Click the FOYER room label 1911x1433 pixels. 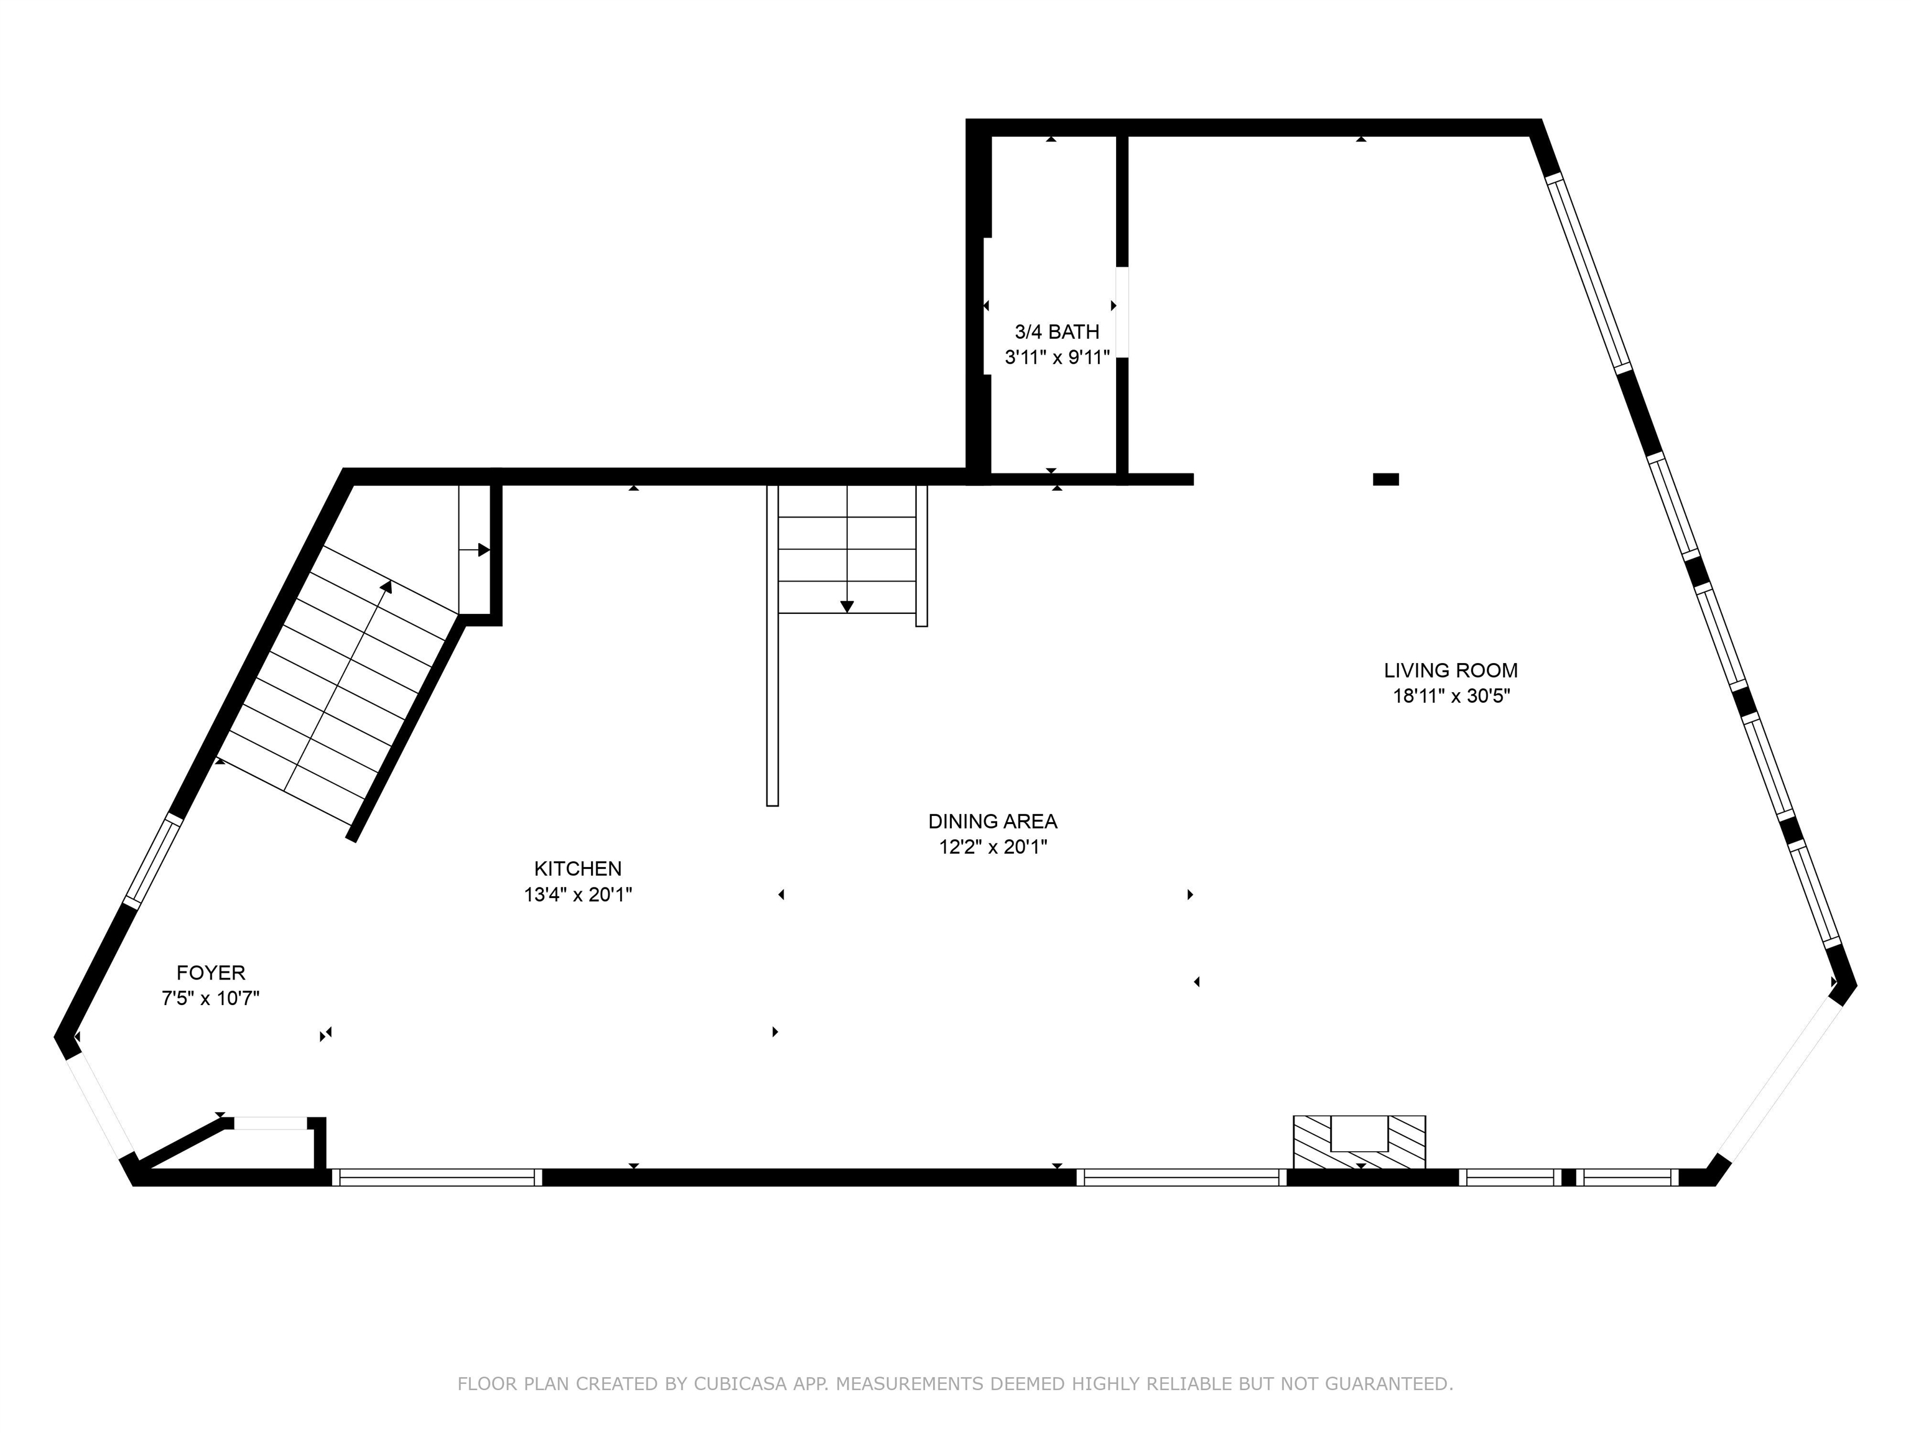(211, 973)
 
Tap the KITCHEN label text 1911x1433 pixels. (578, 869)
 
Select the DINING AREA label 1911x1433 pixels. (993, 822)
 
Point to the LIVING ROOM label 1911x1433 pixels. (1451, 670)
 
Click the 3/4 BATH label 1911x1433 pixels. (1056, 332)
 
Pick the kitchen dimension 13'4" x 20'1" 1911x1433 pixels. (578, 895)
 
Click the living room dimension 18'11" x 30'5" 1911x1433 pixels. (1451, 696)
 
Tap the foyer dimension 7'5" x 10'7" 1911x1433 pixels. (211, 998)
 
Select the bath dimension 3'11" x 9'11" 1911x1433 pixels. (1056, 358)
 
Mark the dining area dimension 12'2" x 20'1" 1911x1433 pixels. (993, 847)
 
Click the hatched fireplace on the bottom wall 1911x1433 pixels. (1359, 1142)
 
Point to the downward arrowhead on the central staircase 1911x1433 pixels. (847, 606)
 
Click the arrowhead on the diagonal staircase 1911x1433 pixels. (387, 587)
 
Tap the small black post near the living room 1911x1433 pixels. (1386, 480)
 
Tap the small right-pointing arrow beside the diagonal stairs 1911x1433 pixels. (475, 549)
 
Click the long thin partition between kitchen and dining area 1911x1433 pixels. (773, 645)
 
